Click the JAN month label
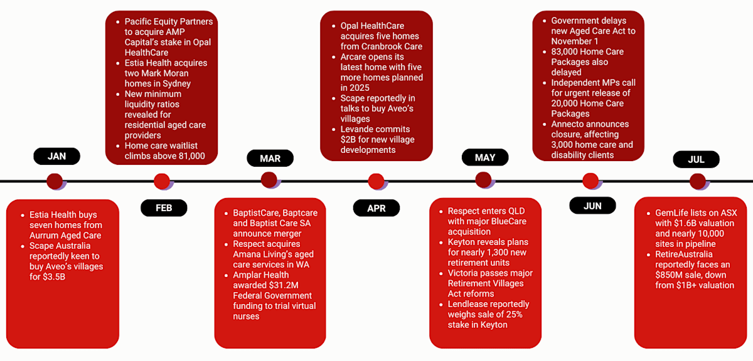[x=56, y=157]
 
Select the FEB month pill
[x=164, y=207]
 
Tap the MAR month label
[x=270, y=159]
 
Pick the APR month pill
[x=376, y=208]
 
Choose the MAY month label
[x=484, y=158]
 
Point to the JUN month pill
[x=592, y=206]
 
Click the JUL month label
[x=696, y=159]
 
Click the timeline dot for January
[x=55, y=182]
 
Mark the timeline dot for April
[x=376, y=182]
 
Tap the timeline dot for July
[x=697, y=182]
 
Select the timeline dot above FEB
[x=162, y=182]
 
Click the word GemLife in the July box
[x=672, y=213]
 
